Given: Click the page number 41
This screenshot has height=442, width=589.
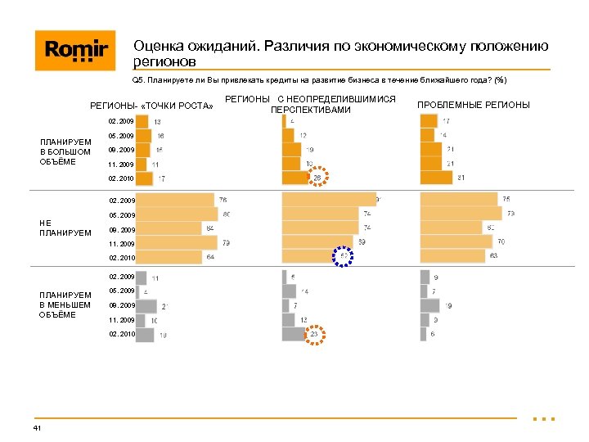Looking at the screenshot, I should [38, 429].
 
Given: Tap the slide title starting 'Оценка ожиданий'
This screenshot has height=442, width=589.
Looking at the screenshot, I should [340, 54].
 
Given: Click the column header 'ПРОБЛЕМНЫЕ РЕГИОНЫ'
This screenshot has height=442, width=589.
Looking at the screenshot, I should [474, 105].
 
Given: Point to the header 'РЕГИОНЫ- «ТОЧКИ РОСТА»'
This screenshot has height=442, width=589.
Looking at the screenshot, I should [151, 105].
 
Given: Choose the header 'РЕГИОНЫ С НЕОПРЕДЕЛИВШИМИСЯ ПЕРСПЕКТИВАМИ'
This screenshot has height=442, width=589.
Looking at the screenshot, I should [310, 104].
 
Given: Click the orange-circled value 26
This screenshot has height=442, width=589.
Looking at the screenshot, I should [317, 178].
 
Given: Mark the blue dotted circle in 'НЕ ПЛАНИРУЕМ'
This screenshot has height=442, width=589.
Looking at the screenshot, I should [344, 256].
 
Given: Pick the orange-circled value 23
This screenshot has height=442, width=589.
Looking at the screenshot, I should [314, 334].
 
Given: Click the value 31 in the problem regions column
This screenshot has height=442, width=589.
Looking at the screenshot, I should [461, 178].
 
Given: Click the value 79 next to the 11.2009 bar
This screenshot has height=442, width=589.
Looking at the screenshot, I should [226, 243].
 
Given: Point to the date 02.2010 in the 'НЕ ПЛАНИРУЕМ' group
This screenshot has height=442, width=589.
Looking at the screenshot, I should [121, 258].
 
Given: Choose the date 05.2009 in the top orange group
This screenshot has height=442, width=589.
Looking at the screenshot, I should [121, 136].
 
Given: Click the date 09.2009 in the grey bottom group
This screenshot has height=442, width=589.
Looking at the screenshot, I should [121, 305].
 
